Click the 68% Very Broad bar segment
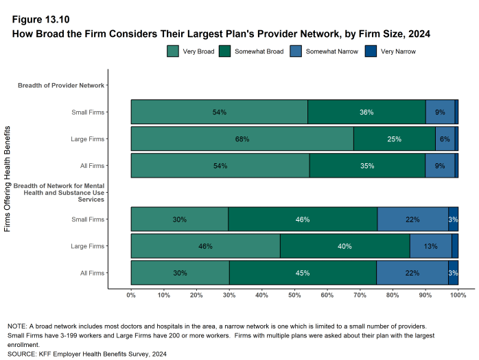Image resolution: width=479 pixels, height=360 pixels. [242, 139]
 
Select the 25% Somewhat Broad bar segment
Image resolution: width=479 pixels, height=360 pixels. [394, 139]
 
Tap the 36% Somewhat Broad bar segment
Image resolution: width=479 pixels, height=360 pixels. [366, 112]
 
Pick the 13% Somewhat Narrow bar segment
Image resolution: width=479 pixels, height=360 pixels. [430, 245]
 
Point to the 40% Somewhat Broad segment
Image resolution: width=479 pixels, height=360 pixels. [344, 245]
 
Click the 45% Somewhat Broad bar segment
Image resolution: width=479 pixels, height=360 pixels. [303, 273]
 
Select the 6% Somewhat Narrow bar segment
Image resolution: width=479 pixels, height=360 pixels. [445, 139]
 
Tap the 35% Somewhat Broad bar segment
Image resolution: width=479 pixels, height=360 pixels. [366, 166]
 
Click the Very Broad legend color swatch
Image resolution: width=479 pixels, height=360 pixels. [173, 51]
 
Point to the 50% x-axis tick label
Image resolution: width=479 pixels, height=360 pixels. [294, 296]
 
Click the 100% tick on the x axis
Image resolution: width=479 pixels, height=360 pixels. [458, 296]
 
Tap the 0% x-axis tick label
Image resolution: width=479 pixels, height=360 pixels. [131, 296]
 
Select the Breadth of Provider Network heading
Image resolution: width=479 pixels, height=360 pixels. [60, 86]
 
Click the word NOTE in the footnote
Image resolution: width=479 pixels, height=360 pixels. [16, 326]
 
